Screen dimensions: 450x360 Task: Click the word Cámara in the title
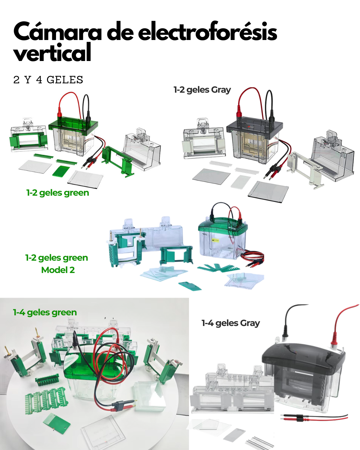[x=57, y=32]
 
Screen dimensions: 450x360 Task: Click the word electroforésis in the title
[x=207, y=32]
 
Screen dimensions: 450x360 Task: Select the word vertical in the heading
[x=52, y=53]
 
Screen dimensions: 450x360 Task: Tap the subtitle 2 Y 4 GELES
[x=48, y=80]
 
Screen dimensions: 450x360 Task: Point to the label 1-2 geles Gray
[x=202, y=90]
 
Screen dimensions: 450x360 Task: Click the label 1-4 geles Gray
[x=230, y=323]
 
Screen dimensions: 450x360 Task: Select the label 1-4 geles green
[x=45, y=312]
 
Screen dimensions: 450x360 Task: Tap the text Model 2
[x=58, y=270]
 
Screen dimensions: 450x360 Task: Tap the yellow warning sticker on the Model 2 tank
[x=216, y=240]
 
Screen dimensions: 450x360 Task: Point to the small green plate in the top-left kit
[x=61, y=171]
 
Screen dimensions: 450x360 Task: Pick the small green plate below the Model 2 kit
[x=190, y=286]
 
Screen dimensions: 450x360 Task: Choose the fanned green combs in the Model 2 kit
[x=218, y=267]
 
